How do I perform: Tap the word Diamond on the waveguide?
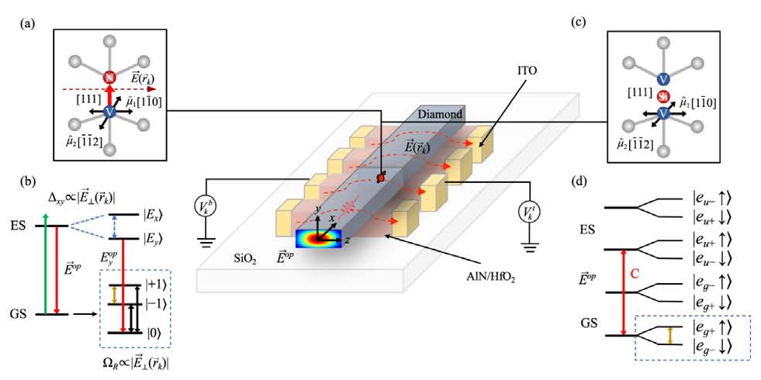tap(440, 113)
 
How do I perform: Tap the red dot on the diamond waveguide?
tap(381, 179)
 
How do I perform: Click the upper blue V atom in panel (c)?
tap(663, 78)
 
